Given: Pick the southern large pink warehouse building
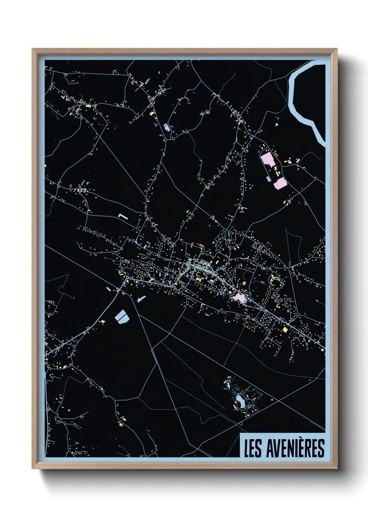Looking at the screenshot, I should pyautogui.click(x=280, y=183).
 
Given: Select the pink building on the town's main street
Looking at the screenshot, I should pyautogui.click(x=240, y=297).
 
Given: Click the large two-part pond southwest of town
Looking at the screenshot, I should pyautogui.click(x=121, y=316).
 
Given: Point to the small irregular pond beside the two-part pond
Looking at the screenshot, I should pyautogui.click(x=141, y=298).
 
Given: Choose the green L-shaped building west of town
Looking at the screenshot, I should pyautogui.click(x=122, y=216).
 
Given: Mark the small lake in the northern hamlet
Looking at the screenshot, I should pyautogui.click(x=167, y=127).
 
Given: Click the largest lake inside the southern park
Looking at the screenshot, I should pyautogui.click(x=240, y=400).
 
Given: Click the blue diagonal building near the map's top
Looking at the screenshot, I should pyautogui.click(x=147, y=81).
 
